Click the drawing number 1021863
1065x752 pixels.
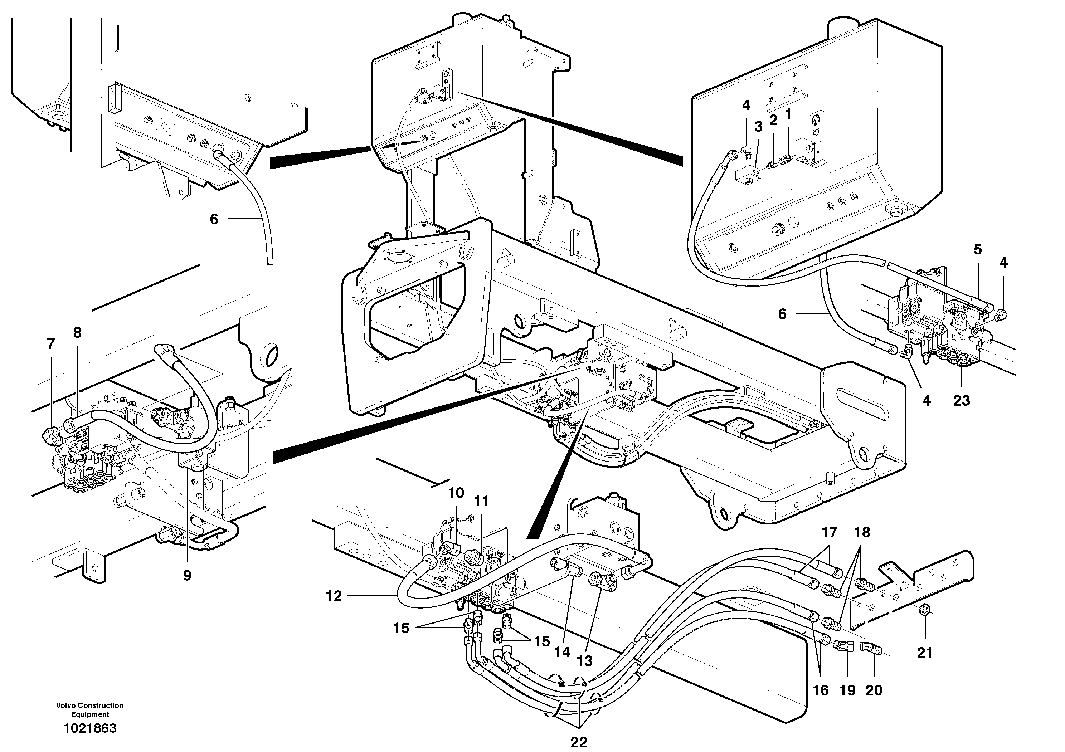90,728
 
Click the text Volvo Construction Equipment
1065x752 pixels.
90,710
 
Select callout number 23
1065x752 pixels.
961,400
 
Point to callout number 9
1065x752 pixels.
187,575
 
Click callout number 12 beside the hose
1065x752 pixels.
334,596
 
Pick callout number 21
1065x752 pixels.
924,653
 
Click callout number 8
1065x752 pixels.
77,332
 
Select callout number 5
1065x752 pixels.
977,249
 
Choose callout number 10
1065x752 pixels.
456,493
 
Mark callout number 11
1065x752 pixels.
481,501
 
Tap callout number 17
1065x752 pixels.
830,532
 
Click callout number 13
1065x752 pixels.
584,661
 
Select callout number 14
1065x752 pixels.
562,652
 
